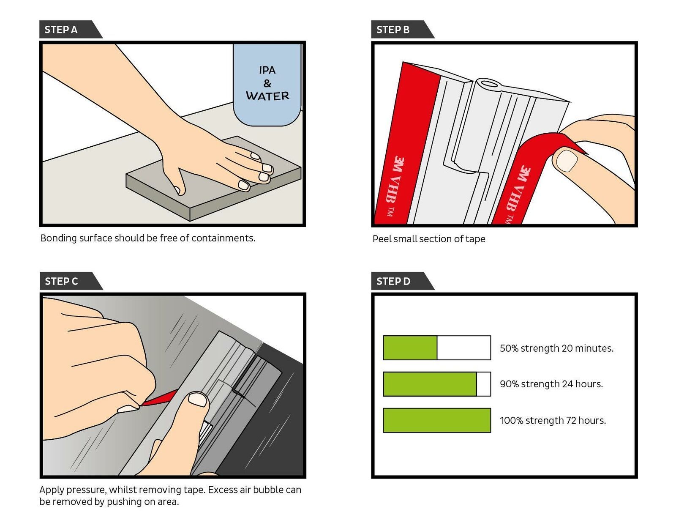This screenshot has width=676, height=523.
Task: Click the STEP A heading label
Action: click(61, 30)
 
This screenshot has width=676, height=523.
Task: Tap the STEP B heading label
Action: click(393, 30)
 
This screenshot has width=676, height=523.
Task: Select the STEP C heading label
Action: click(62, 281)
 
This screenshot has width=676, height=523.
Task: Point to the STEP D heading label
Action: click(393, 281)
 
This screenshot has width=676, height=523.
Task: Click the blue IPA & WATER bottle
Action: click(267, 85)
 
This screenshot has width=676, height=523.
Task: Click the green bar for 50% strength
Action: click(410, 348)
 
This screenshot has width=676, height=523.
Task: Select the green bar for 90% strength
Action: click(430, 384)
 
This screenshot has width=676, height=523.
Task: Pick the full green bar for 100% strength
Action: click(437, 420)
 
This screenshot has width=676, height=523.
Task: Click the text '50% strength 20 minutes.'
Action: click(556, 348)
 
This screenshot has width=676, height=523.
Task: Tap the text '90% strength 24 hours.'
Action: click(551, 384)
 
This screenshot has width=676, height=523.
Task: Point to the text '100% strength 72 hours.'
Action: click(553, 420)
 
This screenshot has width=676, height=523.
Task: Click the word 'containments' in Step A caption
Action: click(223, 238)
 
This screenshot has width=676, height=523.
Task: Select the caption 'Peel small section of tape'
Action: click(429, 239)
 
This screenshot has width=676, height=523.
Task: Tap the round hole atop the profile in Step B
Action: click(489, 83)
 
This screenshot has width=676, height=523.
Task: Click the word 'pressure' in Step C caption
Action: click(86, 490)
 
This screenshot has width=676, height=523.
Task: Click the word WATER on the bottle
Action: click(267, 96)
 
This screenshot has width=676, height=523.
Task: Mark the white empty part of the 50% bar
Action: click(463, 348)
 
